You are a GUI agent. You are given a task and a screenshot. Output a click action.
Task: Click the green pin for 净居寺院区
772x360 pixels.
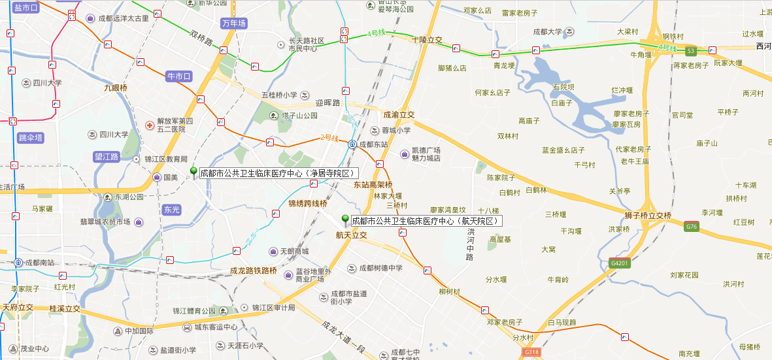[193, 172]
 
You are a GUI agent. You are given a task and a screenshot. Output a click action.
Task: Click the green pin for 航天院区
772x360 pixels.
[345, 220]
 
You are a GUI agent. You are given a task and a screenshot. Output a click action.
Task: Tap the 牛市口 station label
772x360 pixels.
[179, 76]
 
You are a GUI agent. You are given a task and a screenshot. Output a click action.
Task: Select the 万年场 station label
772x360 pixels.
[234, 24]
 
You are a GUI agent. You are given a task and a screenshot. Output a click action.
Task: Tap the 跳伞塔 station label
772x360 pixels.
[31, 137]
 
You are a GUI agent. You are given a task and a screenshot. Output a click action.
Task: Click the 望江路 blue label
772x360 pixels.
[107, 157]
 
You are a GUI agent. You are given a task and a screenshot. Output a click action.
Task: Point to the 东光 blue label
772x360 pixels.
[172, 210]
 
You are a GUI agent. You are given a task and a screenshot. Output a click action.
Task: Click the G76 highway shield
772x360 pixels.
[692, 227]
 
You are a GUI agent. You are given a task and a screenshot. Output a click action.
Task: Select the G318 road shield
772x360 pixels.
[531, 352]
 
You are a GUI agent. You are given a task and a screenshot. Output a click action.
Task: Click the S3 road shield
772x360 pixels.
[691, 50]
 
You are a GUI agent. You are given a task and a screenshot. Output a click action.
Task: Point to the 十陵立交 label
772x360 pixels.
[427, 40]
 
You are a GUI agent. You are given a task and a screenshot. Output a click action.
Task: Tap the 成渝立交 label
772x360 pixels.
[399, 114]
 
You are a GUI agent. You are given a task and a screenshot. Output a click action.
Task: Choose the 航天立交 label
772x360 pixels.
[351, 235]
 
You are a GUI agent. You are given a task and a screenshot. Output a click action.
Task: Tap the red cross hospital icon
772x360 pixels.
[150, 123]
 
